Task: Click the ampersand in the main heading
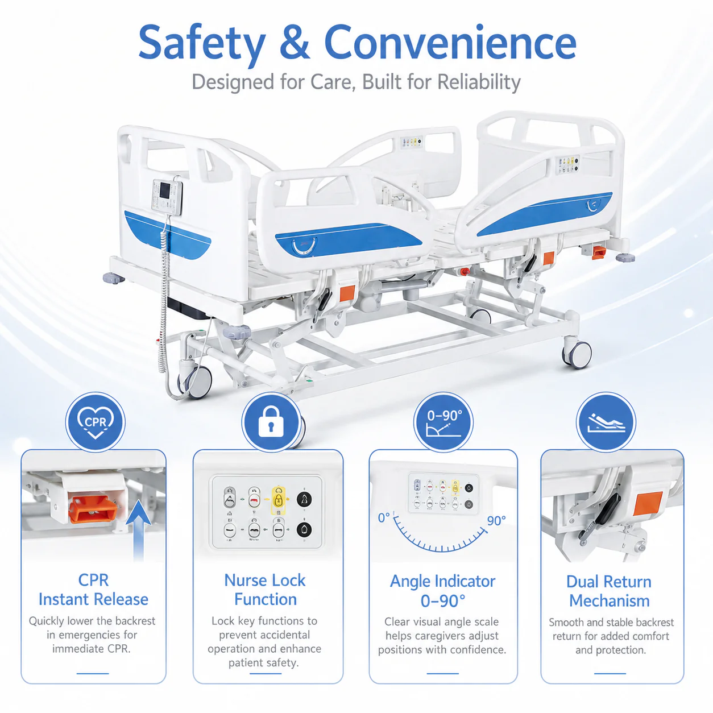(x=294, y=42)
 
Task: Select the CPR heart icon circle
(x=96, y=422)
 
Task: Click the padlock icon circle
(x=271, y=422)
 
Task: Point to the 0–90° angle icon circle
(x=443, y=422)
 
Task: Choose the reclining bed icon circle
(x=606, y=422)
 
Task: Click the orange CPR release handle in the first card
(x=93, y=509)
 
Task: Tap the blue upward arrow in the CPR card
(x=138, y=530)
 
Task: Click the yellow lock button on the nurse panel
(x=278, y=500)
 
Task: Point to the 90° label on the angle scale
(x=496, y=521)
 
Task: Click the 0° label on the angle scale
(x=384, y=517)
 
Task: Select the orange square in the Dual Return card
(x=648, y=503)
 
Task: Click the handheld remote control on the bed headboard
(x=167, y=197)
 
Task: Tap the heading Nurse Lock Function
(x=265, y=590)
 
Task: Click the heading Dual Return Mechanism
(x=609, y=591)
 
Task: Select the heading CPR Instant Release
(x=93, y=590)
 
